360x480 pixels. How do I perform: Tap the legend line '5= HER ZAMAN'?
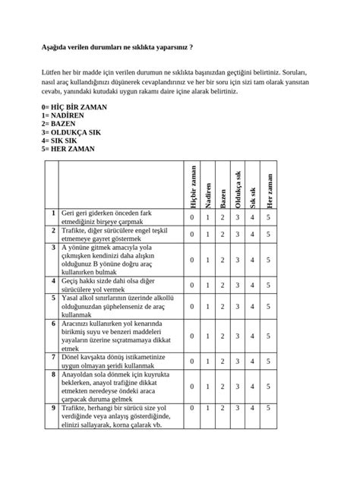(68, 149)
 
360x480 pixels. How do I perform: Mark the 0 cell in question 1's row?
(192, 217)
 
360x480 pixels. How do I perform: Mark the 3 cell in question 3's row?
(238, 259)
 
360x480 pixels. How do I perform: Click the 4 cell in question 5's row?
(253, 307)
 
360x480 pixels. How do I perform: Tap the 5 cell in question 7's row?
(269, 361)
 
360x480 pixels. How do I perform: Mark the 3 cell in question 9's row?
(238, 409)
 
